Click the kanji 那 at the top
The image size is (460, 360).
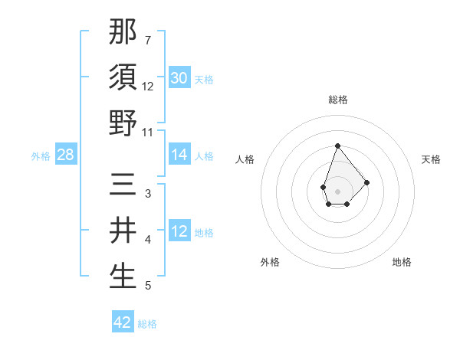click(123, 31)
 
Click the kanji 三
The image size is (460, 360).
click(123, 185)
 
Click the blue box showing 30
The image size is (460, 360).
click(179, 78)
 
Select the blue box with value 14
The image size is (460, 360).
click(179, 155)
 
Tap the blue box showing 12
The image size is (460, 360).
click(179, 231)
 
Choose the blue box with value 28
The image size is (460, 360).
click(66, 155)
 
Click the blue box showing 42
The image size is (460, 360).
click(123, 322)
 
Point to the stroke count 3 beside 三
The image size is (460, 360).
click(147, 194)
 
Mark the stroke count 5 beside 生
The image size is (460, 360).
click(147, 286)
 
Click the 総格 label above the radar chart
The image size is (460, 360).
click(337, 100)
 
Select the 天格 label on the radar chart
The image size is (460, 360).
click(431, 159)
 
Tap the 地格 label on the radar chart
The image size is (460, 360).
click(402, 262)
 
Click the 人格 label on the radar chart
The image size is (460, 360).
click(245, 159)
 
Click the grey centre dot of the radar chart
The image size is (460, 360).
click(337, 191)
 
